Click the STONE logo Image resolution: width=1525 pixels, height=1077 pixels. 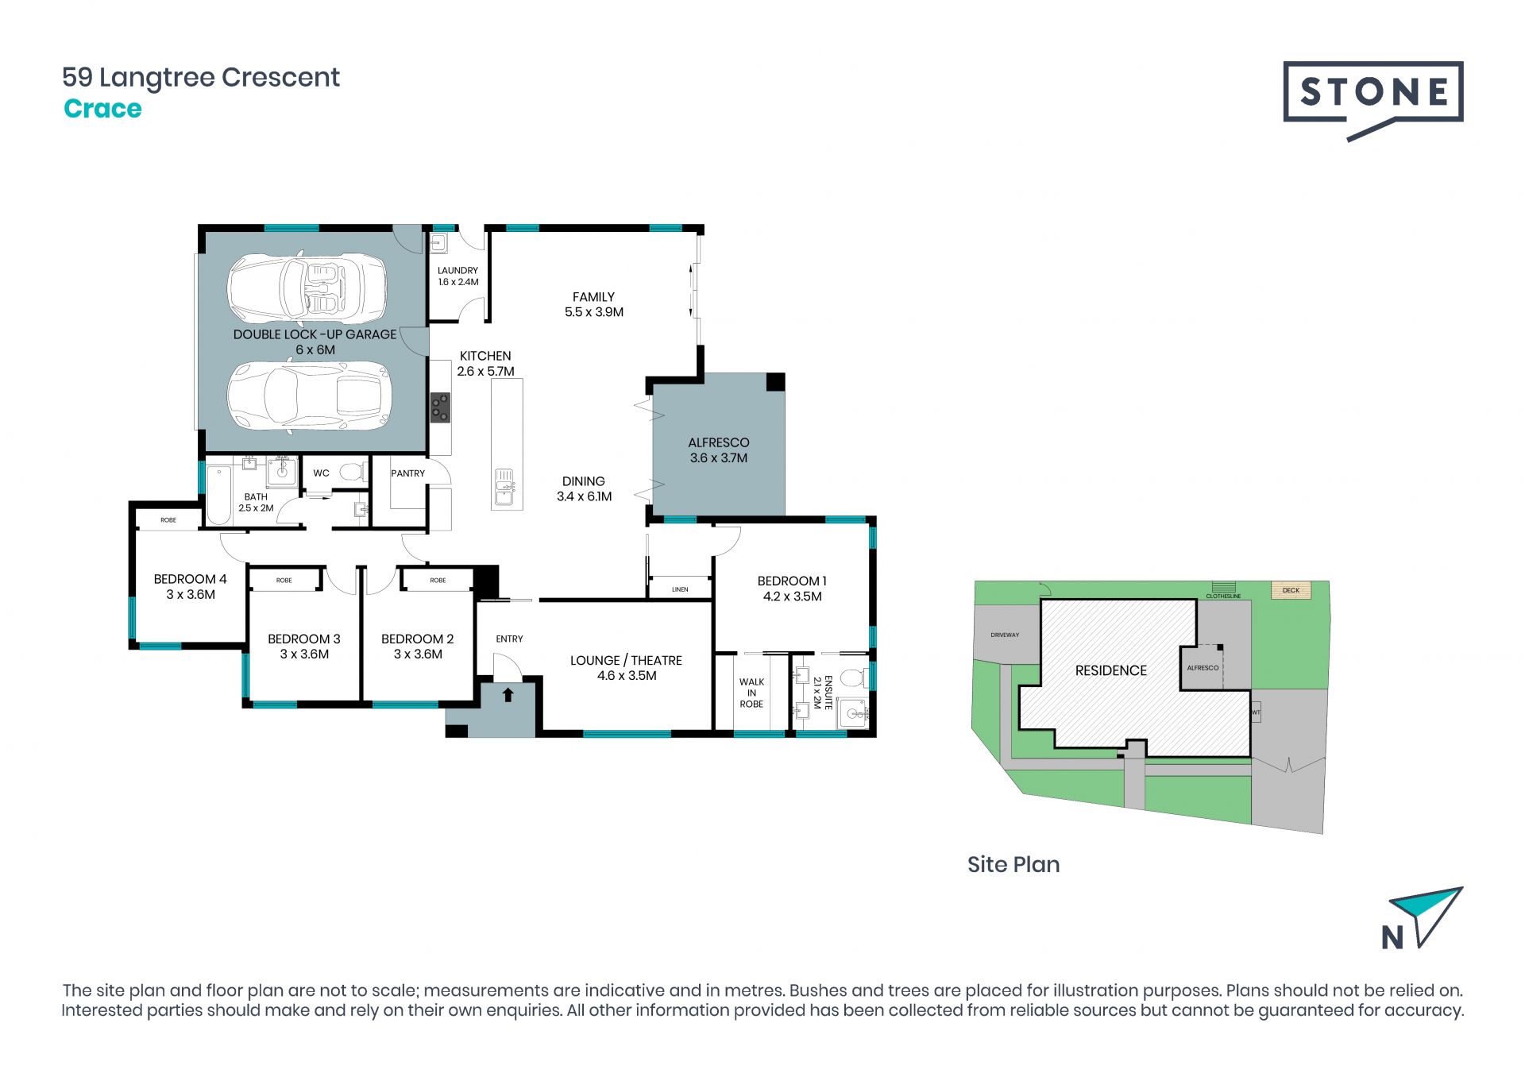[1372, 99]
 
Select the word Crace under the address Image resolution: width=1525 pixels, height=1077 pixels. [102, 109]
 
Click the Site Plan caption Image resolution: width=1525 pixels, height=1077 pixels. [1013, 864]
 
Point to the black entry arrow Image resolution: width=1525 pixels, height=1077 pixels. [508, 695]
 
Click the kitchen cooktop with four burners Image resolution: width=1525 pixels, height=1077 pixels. [440, 407]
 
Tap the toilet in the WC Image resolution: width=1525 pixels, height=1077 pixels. [353, 473]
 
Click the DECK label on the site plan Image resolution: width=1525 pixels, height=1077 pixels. [1291, 590]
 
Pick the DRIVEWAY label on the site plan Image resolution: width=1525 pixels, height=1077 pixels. [1005, 635]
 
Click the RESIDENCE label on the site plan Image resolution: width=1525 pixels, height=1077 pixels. [1110, 671]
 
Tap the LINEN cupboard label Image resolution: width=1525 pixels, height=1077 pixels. [680, 589]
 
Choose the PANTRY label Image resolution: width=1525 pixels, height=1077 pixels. [407, 473]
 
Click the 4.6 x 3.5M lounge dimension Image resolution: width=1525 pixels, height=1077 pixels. [627, 676]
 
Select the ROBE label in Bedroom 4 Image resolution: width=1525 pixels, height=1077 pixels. [168, 520]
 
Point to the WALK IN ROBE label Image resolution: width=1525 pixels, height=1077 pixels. [751, 693]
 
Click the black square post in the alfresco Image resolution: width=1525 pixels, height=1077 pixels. [775, 382]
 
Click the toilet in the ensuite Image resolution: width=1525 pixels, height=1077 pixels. [853, 677]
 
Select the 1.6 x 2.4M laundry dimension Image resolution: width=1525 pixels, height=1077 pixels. [458, 282]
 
